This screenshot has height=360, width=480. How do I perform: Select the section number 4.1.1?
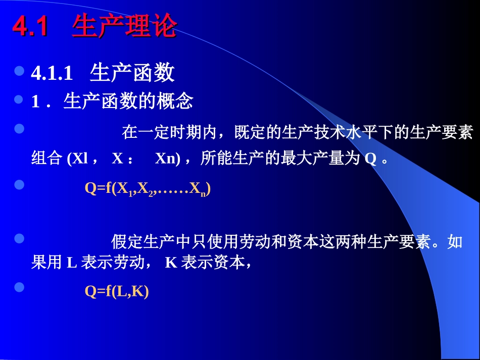[53, 74]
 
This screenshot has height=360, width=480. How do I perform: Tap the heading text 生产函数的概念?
[128, 101]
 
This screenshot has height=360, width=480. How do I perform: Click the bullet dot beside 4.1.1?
[20, 71]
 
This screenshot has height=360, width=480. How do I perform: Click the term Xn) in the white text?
[167, 159]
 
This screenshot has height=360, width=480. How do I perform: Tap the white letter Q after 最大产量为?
[370, 159]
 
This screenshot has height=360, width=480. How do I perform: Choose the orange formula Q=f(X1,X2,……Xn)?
[147, 189]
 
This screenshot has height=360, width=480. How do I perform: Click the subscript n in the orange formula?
[203, 192]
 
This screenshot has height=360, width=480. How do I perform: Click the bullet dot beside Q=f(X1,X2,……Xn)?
[20, 185]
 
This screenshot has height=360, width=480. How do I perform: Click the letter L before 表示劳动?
[71, 263]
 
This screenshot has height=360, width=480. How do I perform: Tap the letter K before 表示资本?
[171, 263]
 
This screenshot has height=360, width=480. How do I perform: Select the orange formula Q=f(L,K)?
[117, 291]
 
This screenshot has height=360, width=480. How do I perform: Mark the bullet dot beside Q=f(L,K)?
[20, 288]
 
